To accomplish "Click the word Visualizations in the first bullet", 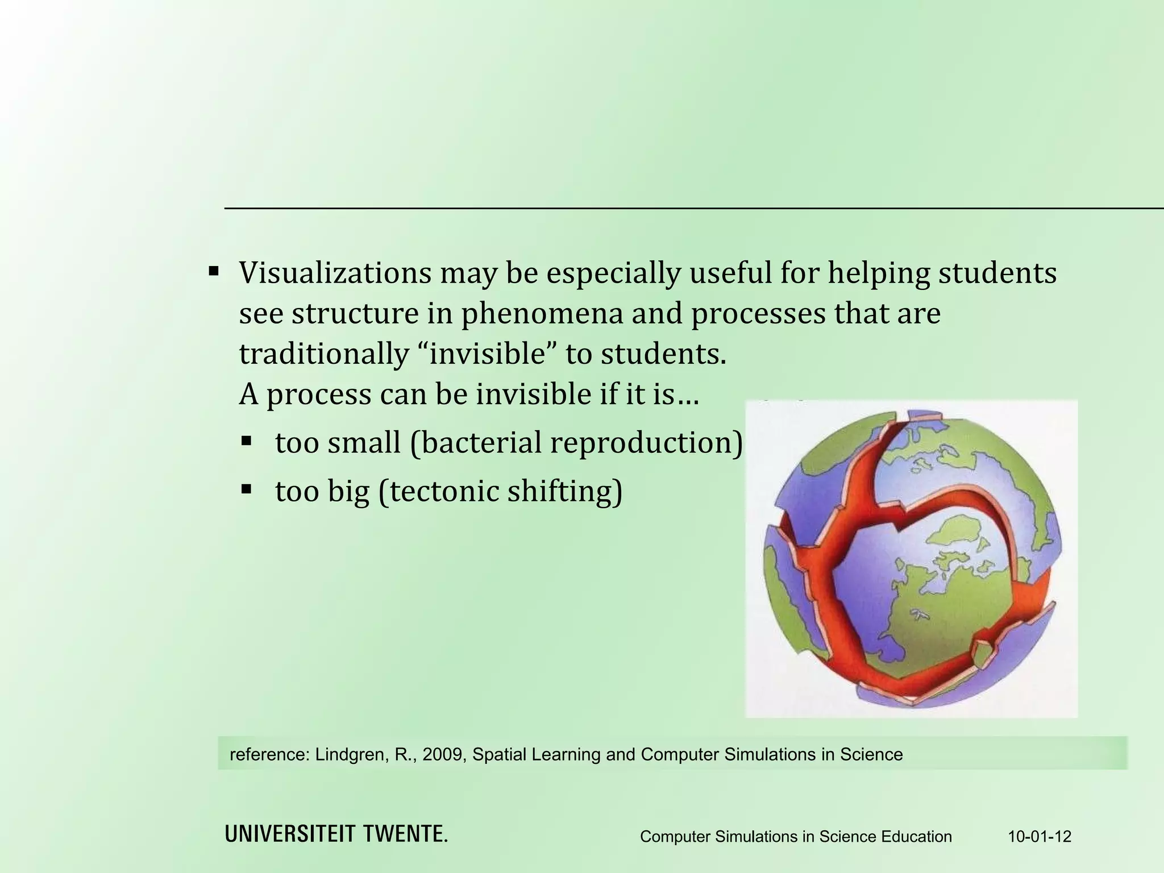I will pyautogui.click(x=335, y=273).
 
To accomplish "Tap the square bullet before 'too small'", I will pyautogui.click(x=246, y=440).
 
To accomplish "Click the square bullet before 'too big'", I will pyautogui.click(x=246, y=489).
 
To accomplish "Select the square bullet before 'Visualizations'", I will pyautogui.click(x=214, y=270).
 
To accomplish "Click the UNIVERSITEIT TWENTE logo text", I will pyautogui.click(x=336, y=834).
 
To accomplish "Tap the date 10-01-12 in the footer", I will pyautogui.click(x=1040, y=836).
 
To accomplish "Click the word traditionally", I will pyautogui.click(x=323, y=354).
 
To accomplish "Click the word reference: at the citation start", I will pyautogui.click(x=269, y=754).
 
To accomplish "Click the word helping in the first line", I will pyautogui.click(x=878, y=273).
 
